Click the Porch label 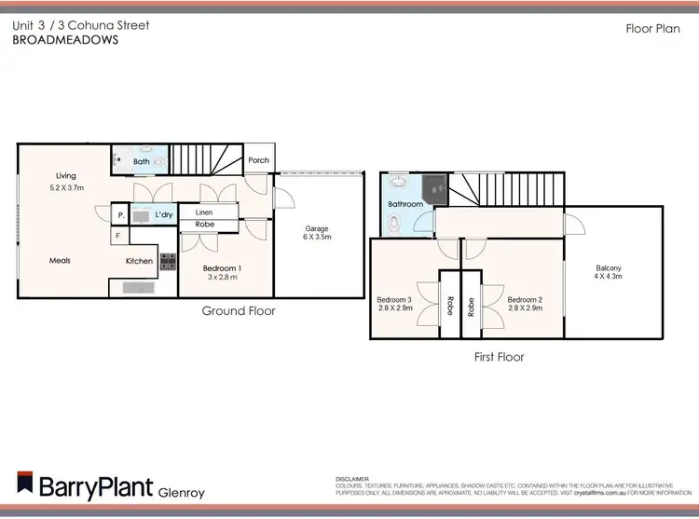pyautogui.click(x=258, y=160)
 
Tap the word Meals pyautogui.click(x=60, y=261)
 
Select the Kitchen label pyautogui.click(x=140, y=261)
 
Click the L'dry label pyautogui.click(x=164, y=215)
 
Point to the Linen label pyautogui.click(x=203, y=212)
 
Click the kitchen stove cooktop pyautogui.click(x=169, y=263)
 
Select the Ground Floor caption pyautogui.click(x=239, y=311)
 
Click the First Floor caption pyautogui.click(x=499, y=357)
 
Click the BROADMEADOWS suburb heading pyautogui.click(x=66, y=41)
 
